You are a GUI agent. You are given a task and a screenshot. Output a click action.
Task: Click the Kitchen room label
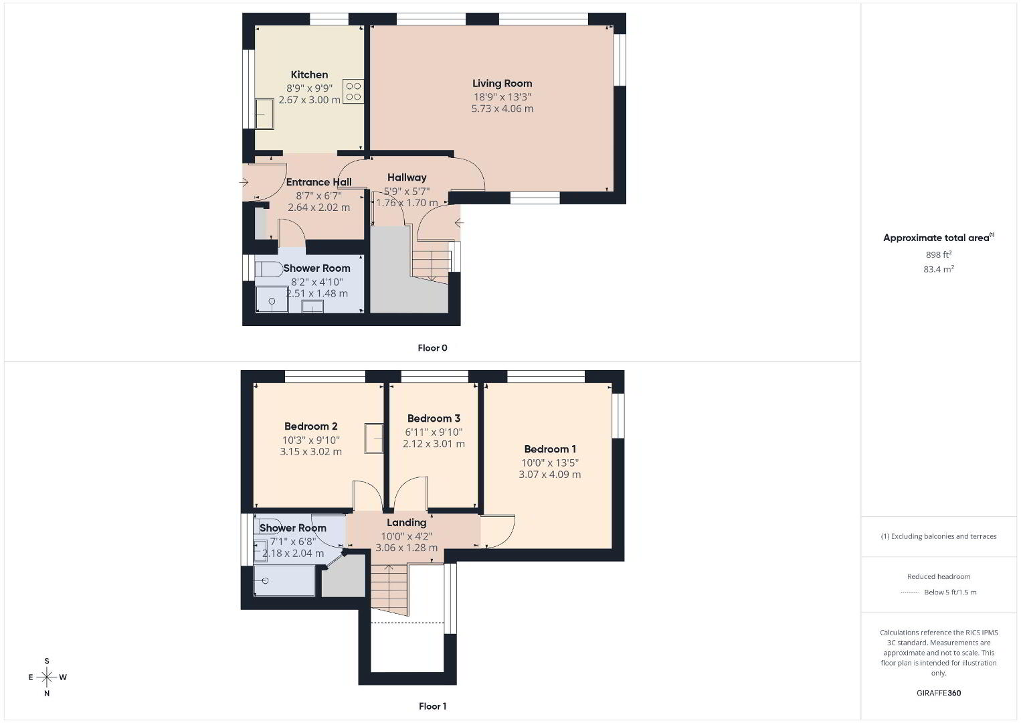click(x=309, y=74)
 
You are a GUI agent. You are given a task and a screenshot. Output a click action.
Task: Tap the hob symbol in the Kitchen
click(x=353, y=91)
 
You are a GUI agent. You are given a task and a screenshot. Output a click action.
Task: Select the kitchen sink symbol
click(x=264, y=114)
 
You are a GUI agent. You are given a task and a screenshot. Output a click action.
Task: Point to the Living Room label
click(x=502, y=84)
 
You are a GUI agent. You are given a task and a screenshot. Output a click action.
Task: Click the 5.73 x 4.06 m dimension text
click(x=502, y=108)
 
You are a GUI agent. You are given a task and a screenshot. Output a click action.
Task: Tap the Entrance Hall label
click(x=318, y=182)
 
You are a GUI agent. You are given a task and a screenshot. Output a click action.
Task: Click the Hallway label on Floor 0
click(x=407, y=177)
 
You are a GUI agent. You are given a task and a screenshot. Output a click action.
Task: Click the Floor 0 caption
click(x=432, y=347)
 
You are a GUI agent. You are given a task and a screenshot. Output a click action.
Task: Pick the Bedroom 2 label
click(x=310, y=426)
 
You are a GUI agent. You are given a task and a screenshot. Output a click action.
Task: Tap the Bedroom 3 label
click(x=434, y=418)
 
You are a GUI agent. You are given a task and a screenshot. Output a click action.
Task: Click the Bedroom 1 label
click(x=550, y=449)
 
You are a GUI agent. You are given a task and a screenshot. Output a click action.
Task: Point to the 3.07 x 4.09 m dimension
click(x=550, y=475)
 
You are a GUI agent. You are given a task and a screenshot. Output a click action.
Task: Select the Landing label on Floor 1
click(x=407, y=522)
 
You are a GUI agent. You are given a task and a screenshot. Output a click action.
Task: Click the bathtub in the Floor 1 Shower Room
click(x=284, y=580)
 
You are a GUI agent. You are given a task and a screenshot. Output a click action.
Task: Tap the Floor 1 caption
click(x=432, y=706)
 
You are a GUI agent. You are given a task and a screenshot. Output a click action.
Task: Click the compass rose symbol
click(x=47, y=677)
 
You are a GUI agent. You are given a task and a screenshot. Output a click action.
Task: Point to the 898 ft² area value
click(x=939, y=254)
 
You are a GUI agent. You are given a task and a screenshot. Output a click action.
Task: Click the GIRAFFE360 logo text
click(x=939, y=693)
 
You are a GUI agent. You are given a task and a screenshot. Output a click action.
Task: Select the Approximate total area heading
click(x=939, y=237)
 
